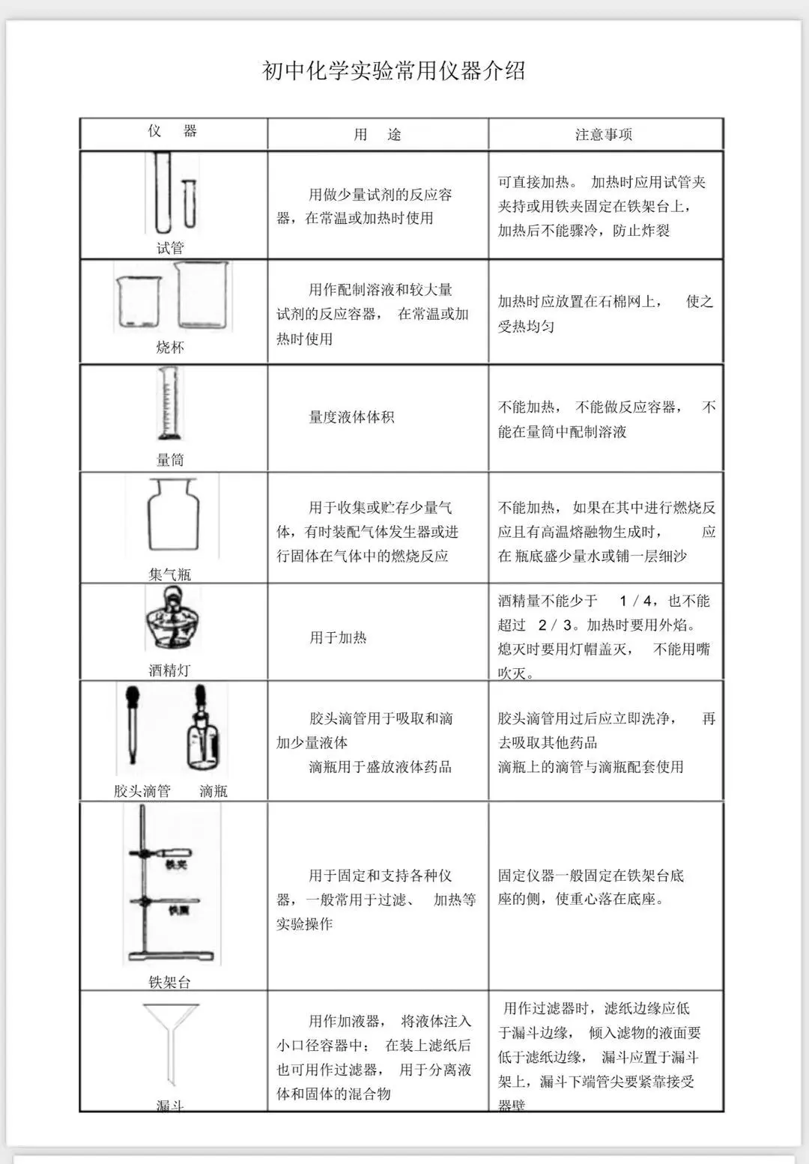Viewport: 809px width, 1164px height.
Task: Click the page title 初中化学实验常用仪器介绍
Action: tap(393, 71)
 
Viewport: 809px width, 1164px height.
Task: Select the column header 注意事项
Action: tap(604, 135)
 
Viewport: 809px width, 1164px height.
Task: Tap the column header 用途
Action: tap(378, 135)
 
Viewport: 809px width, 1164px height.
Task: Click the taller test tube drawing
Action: tap(163, 193)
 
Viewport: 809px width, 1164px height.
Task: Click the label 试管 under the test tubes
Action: tap(170, 248)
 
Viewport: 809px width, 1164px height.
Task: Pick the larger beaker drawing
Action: tap(202, 296)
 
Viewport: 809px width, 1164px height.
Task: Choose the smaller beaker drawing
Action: tap(139, 302)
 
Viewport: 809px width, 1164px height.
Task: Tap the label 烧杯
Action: tap(170, 348)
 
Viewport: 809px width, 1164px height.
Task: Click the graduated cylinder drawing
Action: tap(169, 404)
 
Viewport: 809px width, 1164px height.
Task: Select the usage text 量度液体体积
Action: tap(351, 417)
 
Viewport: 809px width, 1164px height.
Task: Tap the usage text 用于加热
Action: tap(338, 637)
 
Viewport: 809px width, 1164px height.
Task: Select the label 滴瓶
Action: tap(213, 791)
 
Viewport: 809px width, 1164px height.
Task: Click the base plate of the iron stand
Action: tap(171, 956)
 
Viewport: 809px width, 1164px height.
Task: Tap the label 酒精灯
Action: tap(169, 670)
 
